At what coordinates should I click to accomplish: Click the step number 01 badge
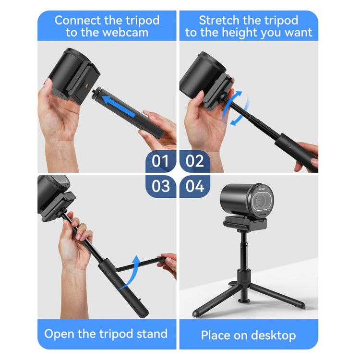(x=161, y=161)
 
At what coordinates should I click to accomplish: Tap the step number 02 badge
(x=195, y=161)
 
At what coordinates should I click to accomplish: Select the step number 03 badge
(x=161, y=186)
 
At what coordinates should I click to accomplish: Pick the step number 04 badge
(x=195, y=186)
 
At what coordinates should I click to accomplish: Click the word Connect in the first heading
(x=77, y=20)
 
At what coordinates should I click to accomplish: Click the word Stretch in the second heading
(x=219, y=20)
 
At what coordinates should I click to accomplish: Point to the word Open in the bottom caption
(x=60, y=334)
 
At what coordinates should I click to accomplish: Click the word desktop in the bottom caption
(x=274, y=336)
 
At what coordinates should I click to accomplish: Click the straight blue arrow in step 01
(x=119, y=106)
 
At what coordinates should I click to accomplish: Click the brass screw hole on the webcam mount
(x=87, y=86)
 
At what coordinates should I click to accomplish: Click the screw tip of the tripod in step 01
(x=94, y=92)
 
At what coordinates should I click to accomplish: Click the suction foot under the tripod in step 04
(x=244, y=300)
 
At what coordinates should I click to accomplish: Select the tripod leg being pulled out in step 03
(x=140, y=264)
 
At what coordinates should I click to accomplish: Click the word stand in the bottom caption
(x=152, y=334)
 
